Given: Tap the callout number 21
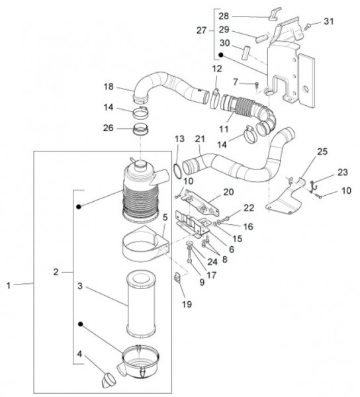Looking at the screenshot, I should [x=199, y=139].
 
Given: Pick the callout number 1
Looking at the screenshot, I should [x=9, y=284].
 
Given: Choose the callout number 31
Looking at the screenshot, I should [x=329, y=22].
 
